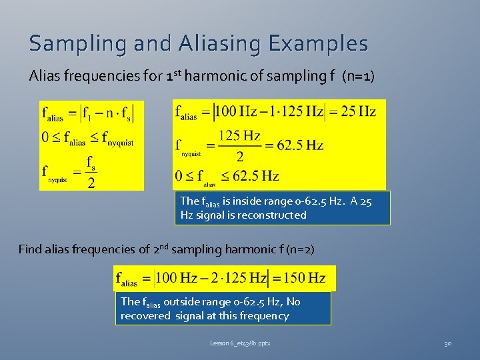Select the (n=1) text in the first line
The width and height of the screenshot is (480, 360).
coord(358,76)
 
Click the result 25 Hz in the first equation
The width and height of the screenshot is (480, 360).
coord(358,111)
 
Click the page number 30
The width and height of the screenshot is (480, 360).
coord(448,343)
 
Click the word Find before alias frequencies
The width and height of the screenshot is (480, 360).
coord(29,249)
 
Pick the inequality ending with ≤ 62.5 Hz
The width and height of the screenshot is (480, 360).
coord(227,176)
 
